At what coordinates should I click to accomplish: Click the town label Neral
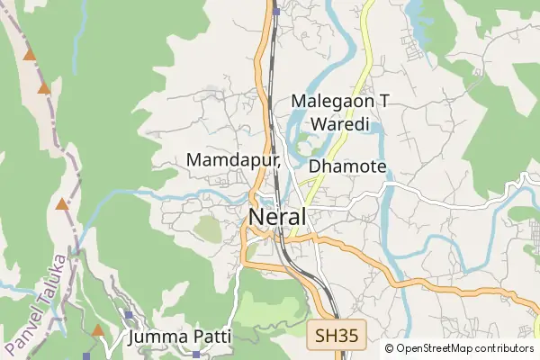tap(277, 217)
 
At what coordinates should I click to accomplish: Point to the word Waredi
tap(334, 124)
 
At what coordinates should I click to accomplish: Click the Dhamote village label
tap(347, 166)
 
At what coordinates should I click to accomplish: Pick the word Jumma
tap(158, 337)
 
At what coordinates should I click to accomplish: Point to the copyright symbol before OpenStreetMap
tap(390, 348)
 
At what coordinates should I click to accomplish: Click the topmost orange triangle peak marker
tap(30, 56)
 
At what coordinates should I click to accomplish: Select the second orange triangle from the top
tap(43, 88)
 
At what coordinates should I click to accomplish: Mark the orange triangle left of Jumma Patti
tap(98, 330)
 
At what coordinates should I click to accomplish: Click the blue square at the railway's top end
tap(277, 12)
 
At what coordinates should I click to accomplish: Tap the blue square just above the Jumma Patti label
tap(130, 315)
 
